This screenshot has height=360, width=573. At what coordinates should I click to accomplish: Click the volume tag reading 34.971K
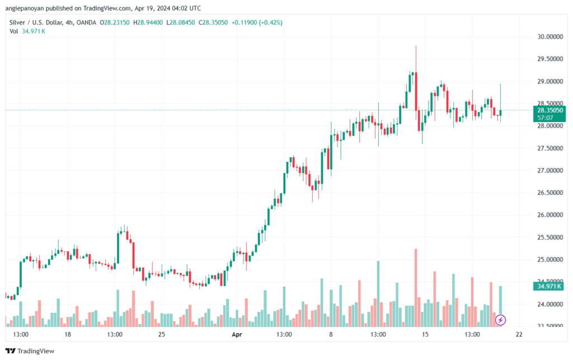pyautogui.click(x=548, y=286)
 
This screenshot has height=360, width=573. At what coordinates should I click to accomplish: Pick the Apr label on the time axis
pyautogui.click(x=236, y=335)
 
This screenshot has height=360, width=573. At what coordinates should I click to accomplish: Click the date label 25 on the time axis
pyautogui.click(x=162, y=335)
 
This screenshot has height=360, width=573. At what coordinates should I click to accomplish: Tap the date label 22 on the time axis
pyautogui.click(x=519, y=335)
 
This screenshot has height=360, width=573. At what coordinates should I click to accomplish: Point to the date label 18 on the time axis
pyautogui.click(x=68, y=335)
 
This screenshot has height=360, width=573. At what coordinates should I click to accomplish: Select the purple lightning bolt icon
pyautogui.click(x=501, y=320)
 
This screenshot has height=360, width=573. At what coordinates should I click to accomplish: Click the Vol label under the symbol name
pyautogui.click(x=13, y=31)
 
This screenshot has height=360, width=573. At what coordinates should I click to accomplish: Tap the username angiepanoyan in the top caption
pyautogui.click(x=27, y=8)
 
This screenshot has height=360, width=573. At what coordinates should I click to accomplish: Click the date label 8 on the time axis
pyautogui.click(x=331, y=335)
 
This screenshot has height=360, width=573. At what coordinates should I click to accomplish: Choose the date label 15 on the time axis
pyautogui.click(x=425, y=335)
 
